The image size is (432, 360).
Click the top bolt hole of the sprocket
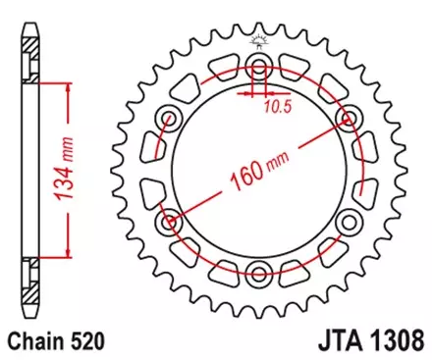point(259,67)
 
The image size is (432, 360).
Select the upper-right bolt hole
point(347,118)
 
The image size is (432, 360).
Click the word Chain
point(35,342)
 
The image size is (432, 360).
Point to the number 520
point(85,342)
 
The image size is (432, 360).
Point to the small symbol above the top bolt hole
point(259,39)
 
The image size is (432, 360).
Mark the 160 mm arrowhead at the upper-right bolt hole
point(339,123)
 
